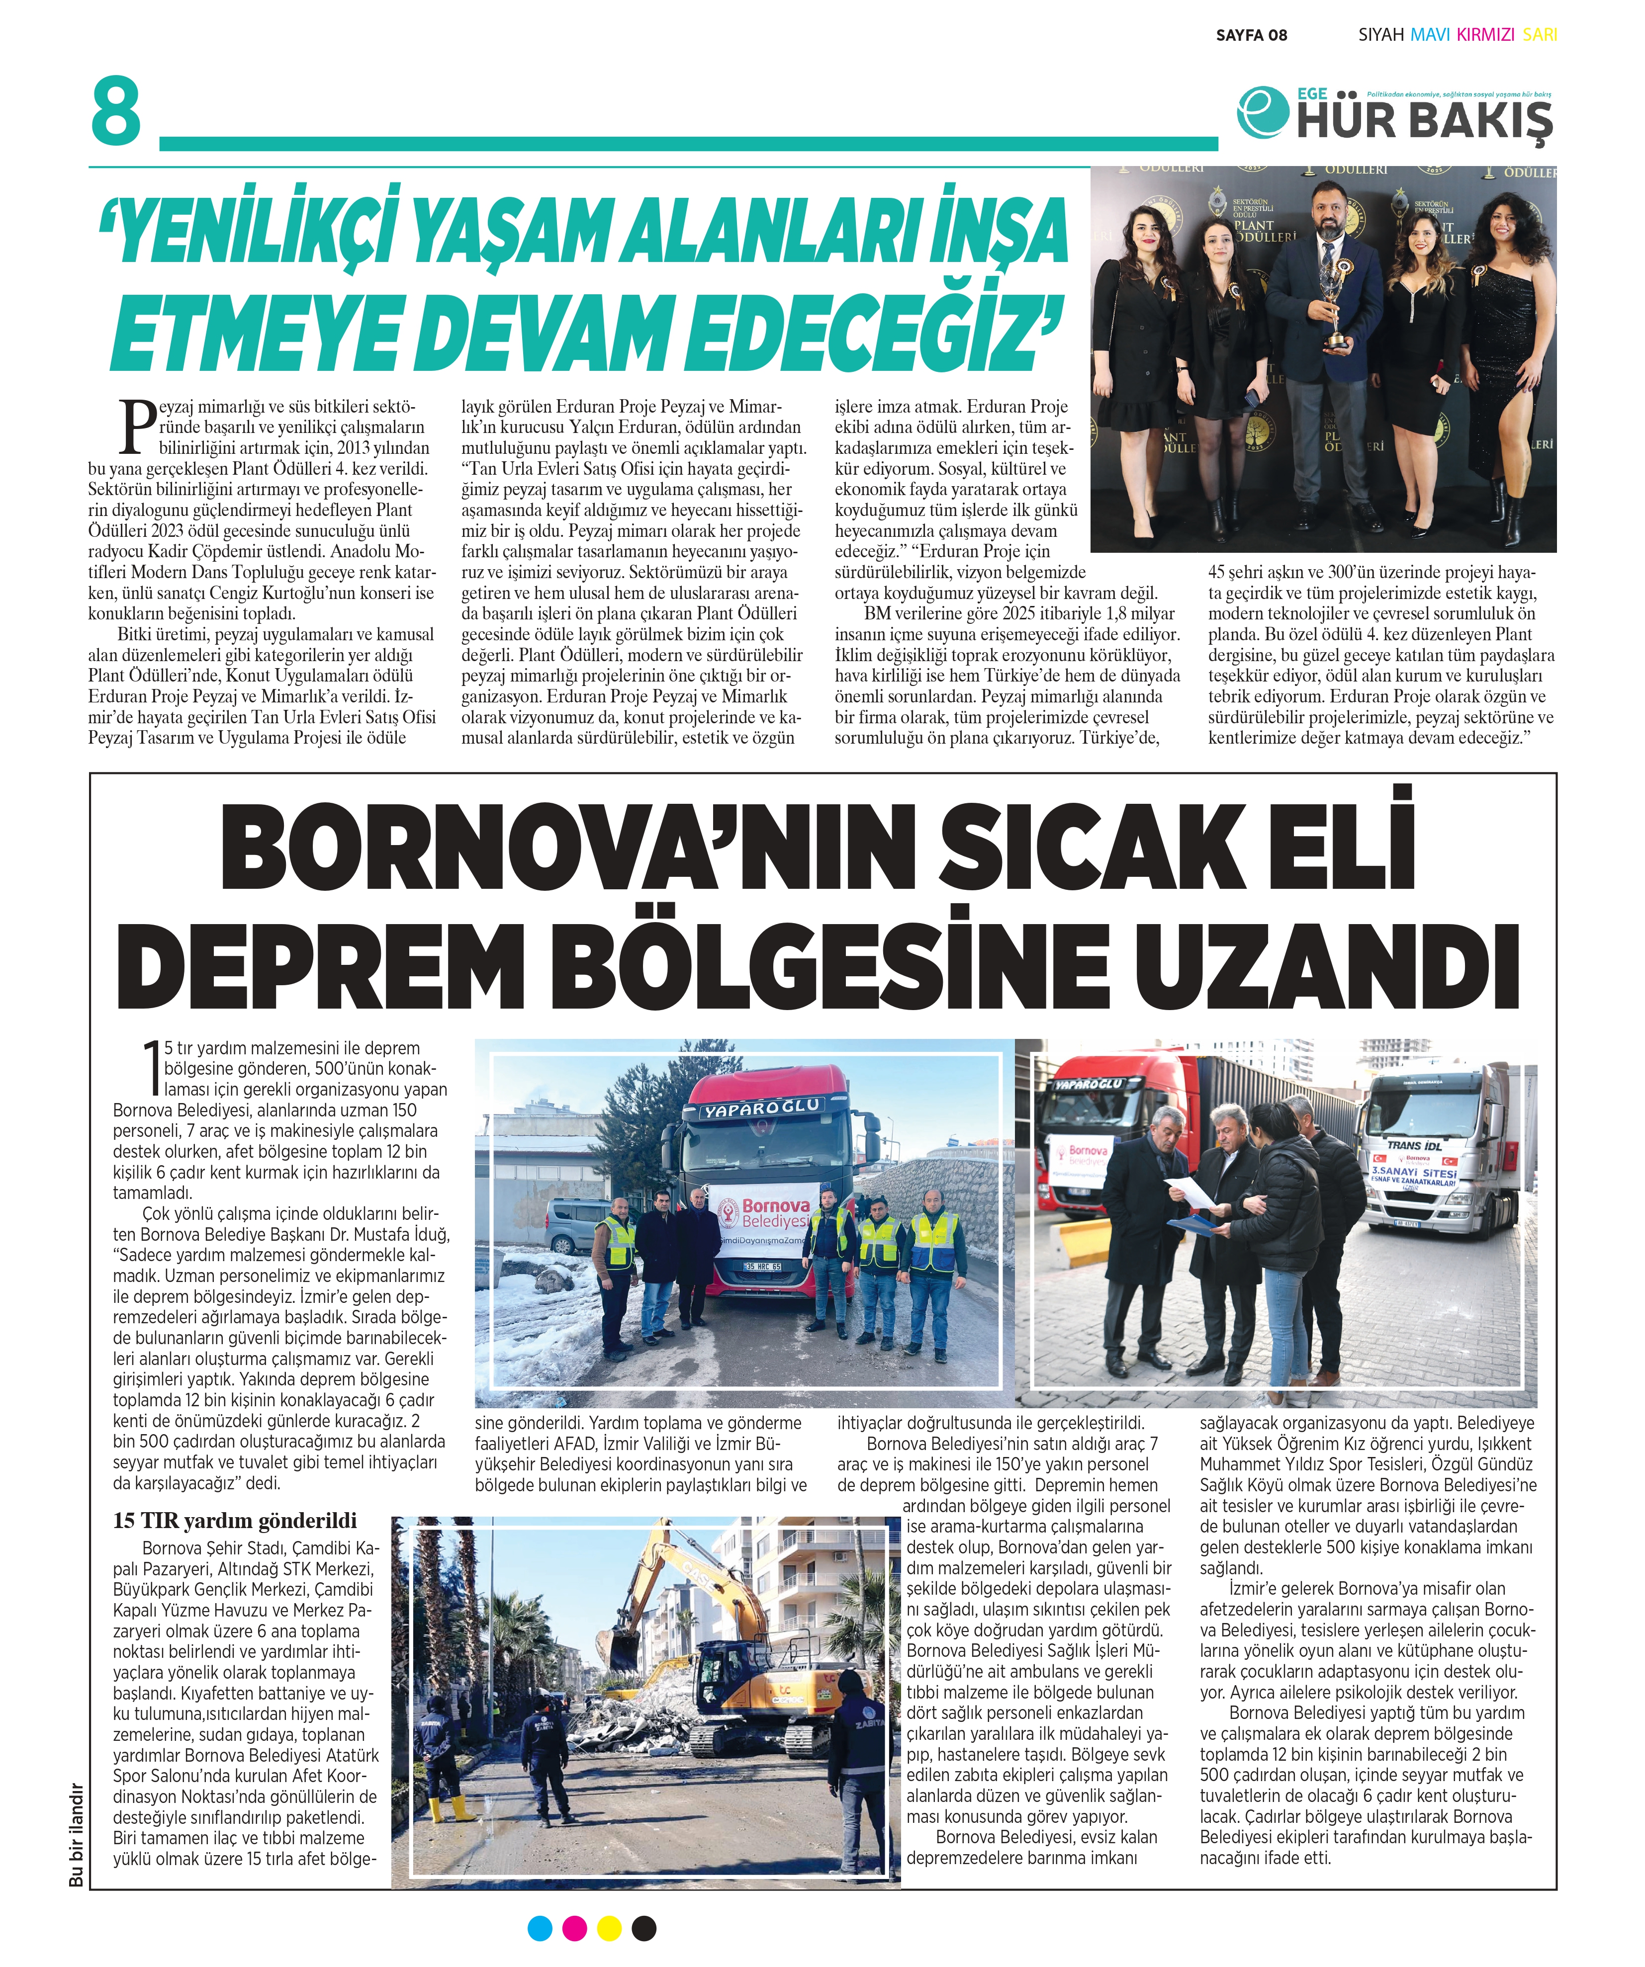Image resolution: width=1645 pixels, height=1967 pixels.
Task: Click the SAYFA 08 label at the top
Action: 1251,36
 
